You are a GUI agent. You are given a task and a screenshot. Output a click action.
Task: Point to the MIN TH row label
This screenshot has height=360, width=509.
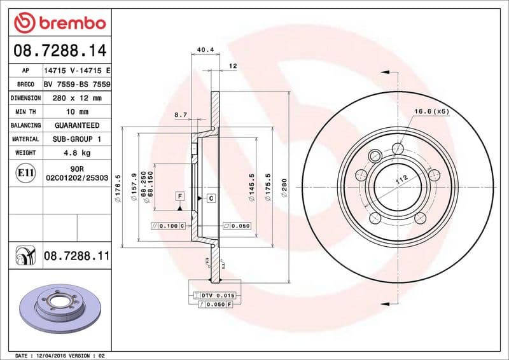point(25,112)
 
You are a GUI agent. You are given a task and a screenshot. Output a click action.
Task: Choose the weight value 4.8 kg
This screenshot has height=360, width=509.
point(76,153)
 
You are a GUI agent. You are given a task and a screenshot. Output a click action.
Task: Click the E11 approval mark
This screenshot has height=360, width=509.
point(26,172)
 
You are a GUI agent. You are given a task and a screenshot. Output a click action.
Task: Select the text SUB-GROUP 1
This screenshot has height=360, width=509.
point(76,139)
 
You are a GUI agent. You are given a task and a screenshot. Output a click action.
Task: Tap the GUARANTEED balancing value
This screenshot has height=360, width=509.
point(76,125)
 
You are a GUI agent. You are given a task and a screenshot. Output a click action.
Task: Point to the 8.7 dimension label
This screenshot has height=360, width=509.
point(180,115)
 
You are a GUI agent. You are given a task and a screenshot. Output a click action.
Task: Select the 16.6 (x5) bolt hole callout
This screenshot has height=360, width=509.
point(432,111)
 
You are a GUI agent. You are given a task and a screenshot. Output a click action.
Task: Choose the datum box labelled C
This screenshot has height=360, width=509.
point(211,199)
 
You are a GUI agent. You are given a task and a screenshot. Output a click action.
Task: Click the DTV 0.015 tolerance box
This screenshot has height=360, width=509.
point(218,296)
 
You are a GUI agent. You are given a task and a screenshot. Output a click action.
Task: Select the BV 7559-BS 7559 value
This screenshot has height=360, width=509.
point(77,85)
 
